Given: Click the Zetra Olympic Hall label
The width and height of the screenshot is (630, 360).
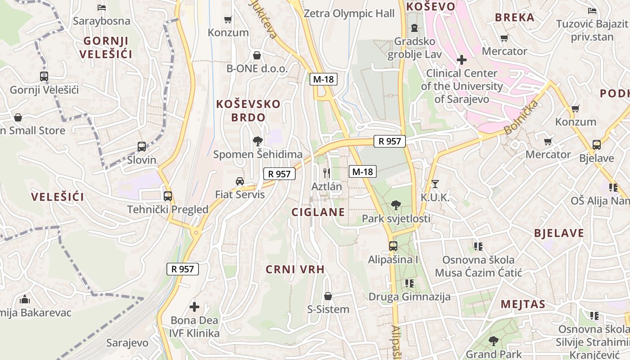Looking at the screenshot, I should tap(349, 13).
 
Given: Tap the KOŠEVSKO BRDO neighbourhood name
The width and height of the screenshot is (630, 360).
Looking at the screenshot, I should tap(248, 110).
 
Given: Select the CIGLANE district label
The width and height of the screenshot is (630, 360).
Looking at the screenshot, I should tap(318, 212).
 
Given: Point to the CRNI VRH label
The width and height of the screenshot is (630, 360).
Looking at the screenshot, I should tap(295, 270).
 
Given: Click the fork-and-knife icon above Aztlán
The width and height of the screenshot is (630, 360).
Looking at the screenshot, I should tap(327, 172).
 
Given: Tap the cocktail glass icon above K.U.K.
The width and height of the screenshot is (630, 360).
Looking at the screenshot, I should tap(435, 184).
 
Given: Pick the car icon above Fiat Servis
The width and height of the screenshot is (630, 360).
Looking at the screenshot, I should tap(240, 181).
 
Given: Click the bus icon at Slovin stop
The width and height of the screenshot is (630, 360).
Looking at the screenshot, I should tap(142, 146).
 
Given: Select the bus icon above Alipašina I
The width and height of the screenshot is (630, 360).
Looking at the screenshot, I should tap(393, 246).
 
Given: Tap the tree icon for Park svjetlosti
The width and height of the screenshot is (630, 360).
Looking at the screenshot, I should tap(396, 205).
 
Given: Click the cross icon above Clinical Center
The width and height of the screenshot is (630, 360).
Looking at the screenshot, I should tap(461, 59).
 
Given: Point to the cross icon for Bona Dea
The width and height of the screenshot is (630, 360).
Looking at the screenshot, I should tap(194, 307).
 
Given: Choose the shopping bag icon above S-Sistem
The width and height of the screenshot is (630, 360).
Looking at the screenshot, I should tap(328, 296).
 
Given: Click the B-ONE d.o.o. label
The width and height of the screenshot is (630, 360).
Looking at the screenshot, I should tap(256, 68).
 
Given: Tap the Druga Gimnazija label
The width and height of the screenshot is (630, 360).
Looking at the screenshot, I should tap(409, 297).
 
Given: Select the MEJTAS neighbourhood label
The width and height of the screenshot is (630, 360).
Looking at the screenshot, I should tap(523, 304).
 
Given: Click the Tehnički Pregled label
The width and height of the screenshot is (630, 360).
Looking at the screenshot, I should tap(168, 209).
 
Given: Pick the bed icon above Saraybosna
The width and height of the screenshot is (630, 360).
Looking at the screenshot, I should tap(101, 8).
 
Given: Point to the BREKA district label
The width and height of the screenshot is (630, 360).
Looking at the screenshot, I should tap(514, 18).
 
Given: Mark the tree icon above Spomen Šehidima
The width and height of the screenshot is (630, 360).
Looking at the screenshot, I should tap(257, 142).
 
